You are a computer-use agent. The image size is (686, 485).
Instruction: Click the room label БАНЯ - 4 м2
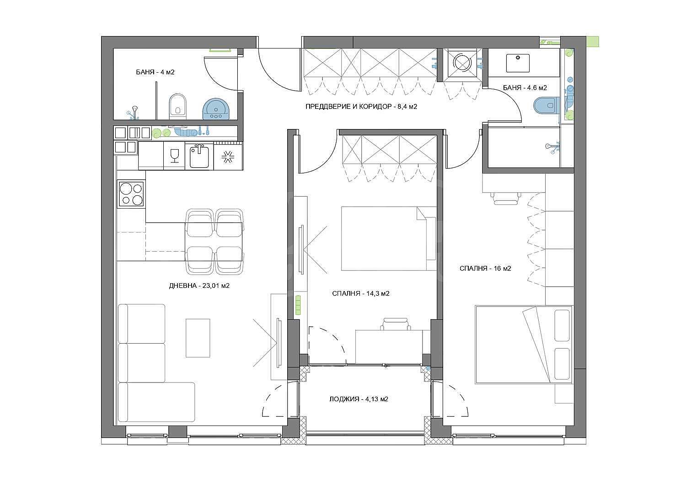[x=155, y=72]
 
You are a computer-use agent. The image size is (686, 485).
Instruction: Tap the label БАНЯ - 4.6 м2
[x=525, y=88]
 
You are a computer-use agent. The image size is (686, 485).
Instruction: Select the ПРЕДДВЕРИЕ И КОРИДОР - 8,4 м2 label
[x=361, y=107]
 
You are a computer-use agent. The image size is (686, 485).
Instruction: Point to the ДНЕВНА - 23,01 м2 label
[x=199, y=286]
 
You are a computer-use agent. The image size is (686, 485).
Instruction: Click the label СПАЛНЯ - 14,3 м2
[x=361, y=293]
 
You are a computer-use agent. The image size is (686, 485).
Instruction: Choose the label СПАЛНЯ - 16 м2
[x=485, y=269]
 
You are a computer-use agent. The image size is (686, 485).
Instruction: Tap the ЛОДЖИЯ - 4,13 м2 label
[x=359, y=399]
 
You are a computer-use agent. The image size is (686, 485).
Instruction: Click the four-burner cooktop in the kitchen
[x=131, y=194]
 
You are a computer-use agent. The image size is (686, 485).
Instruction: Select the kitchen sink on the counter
[x=199, y=157]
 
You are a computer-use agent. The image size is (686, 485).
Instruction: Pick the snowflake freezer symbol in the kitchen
[x=228, y=158]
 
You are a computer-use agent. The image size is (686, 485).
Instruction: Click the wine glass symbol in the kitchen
[x=174, y=155]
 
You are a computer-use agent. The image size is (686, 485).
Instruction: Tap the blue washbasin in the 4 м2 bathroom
[x=215, y=109]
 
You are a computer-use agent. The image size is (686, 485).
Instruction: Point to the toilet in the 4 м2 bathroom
[x=177, y=107]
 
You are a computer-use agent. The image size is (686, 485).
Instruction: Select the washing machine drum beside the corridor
[x=462, y=63]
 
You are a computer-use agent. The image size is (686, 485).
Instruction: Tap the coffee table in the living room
[x=198, y=338]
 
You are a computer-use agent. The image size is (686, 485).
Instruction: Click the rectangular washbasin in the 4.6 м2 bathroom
[x=518, y=63]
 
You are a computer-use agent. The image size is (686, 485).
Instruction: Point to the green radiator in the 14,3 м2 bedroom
[x=298, y=305]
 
